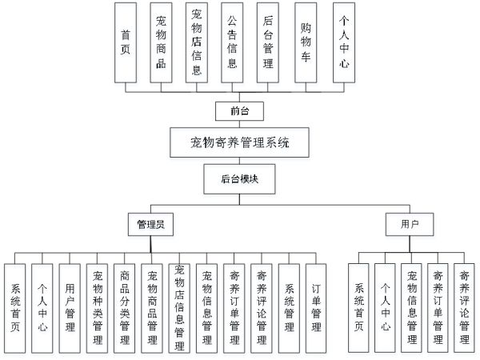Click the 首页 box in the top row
click(x=125, y=42)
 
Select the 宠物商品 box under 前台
click(x=162, y=42)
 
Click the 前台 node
click(x=234, y=111)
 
